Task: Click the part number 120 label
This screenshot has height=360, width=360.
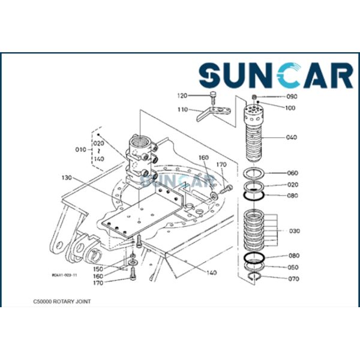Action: coord(182,95)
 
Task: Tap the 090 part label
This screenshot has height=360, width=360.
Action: coord(292,97)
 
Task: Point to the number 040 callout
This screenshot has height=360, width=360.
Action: coord(292,137)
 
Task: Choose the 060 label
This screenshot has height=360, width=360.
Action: coord(292,173)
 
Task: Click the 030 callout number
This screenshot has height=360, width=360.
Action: coord(295,230)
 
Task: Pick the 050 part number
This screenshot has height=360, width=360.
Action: coord(292,267)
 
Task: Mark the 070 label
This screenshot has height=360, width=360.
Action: coord(292,278)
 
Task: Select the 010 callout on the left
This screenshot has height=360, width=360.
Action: coord(80,150)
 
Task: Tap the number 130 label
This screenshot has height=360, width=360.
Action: coord(67,178)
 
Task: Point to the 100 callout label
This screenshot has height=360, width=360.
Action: coord(290,108)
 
